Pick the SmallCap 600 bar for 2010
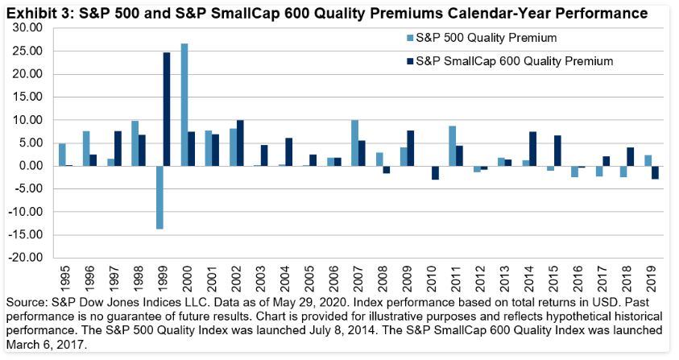pos(436,172)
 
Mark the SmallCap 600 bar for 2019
pos(656,172)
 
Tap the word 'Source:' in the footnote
pos(27,300)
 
